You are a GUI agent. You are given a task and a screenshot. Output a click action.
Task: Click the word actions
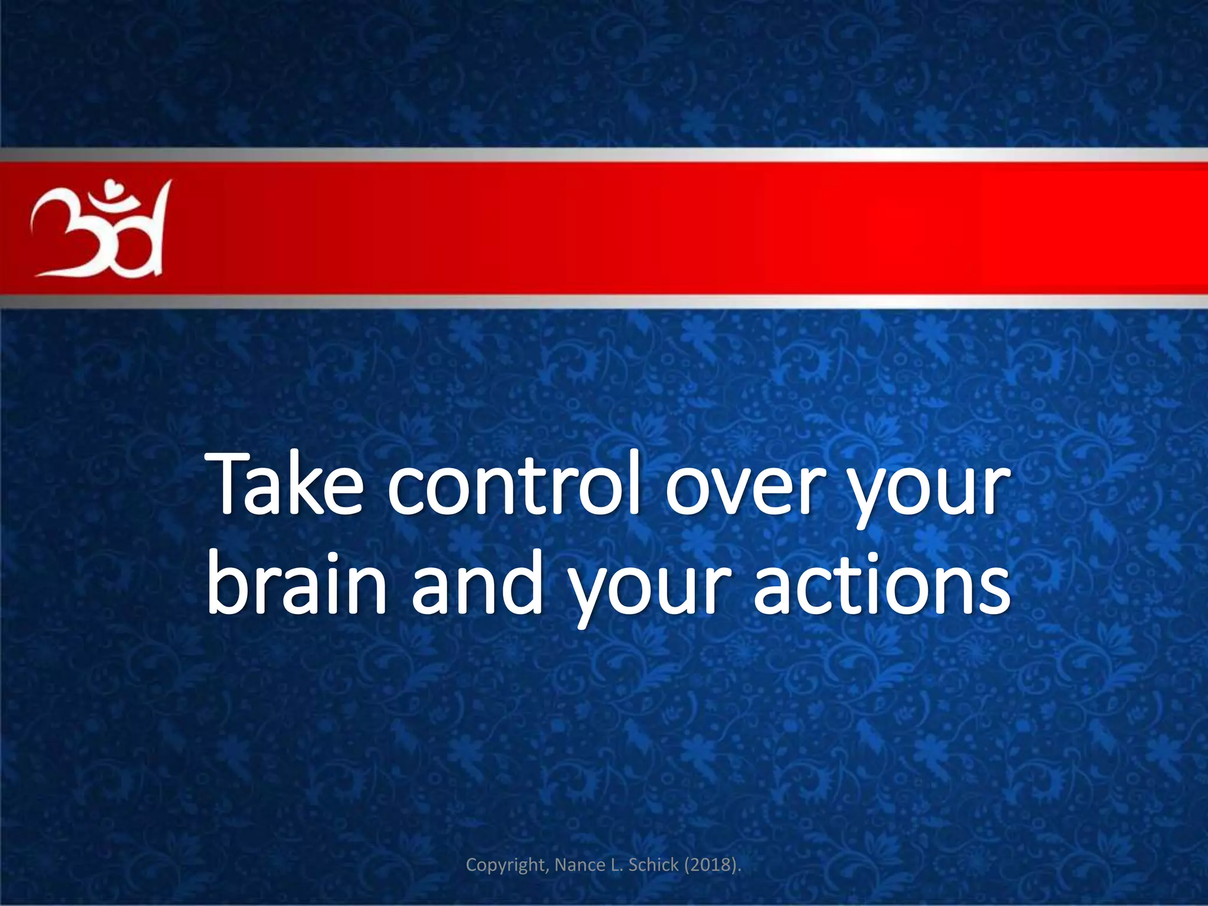[882, 583]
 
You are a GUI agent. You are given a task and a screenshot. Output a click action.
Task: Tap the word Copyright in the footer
[508, 865]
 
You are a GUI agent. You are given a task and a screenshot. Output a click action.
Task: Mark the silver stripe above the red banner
[604, 155]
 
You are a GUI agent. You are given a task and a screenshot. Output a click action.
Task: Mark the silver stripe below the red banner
[604, 301]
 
